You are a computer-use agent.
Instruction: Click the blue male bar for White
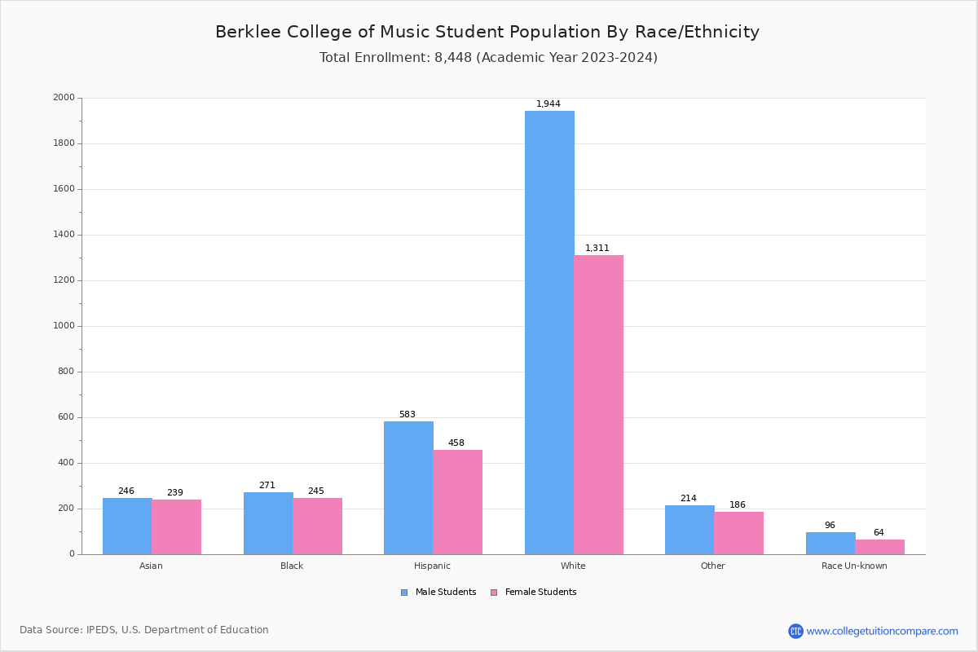[x=549, y=333]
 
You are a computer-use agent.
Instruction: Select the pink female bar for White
[x=598, y=404]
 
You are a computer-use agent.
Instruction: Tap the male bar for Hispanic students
[x=408, y=487]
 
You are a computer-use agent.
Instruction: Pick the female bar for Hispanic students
[x=457, y=502]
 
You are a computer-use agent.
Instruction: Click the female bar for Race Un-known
[x=879, y=547]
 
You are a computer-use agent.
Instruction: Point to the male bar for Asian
[x=127, y=526]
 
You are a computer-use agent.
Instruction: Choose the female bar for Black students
[x=317, y=526]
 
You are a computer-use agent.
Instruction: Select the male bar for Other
[x=689, y=530]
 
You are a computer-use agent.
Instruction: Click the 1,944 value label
[x=548, y=104]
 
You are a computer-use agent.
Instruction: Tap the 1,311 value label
[x=597, y=249]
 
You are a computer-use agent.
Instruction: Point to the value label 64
[x=879, y=533]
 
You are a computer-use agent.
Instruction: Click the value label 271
[x=267, y=486]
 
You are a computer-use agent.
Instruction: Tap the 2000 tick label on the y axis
[x=64, y=98]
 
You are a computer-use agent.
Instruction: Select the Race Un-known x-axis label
[x=854, y=566]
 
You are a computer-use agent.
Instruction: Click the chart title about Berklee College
[x=487, y=33]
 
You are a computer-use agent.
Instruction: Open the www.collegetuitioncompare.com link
[x=882, y=631]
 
